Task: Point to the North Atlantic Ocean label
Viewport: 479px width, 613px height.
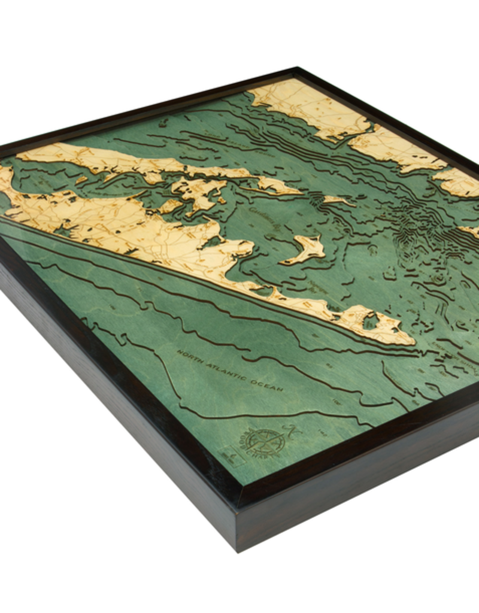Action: (229, 372)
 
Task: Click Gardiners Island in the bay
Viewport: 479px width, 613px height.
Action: (305, 247)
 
